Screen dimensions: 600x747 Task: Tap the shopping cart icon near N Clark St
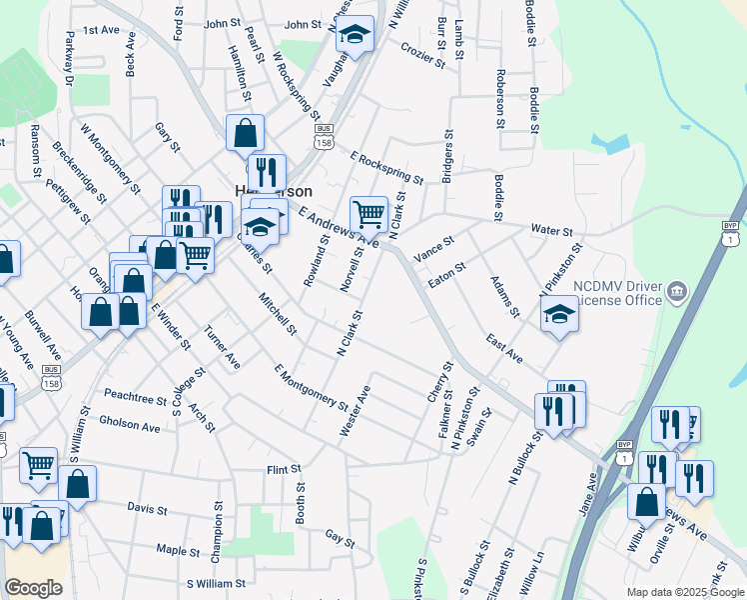[x=369, y=213]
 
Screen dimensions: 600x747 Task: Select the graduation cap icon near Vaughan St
[x=354, y=36]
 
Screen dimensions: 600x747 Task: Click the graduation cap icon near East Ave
[x=559, y=316]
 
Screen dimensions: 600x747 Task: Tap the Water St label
[x=551, y=230]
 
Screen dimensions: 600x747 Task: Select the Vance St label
[x=434, y=247]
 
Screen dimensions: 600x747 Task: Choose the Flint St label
[x=284, y=469]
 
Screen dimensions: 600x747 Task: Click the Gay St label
[x=341, y=538]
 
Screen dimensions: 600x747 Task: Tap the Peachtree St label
[x=134, y=398]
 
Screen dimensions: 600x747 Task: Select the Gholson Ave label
[x=130, y=426]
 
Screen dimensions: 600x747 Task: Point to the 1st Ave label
[x=101, y=31]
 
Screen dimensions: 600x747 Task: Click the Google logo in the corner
[x=33, y=588]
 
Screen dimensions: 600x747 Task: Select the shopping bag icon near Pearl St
[x=245, y=132]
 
